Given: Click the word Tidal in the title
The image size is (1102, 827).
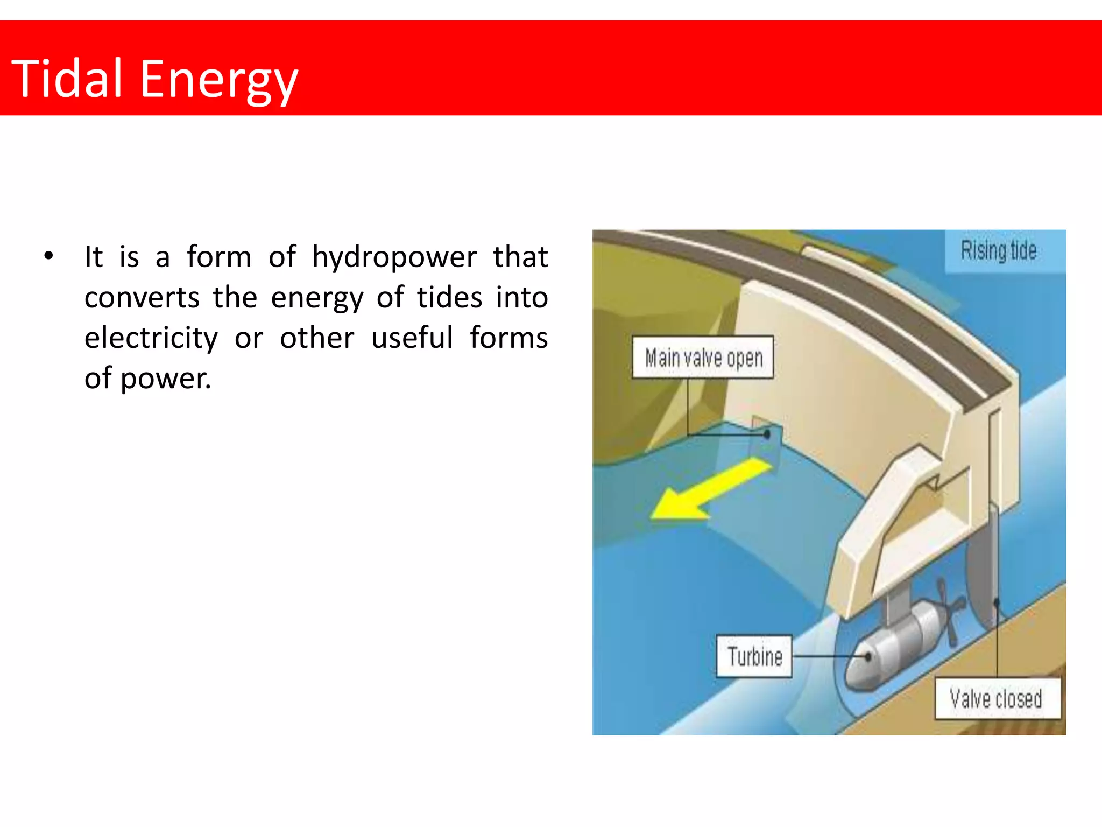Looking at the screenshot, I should coord(67,79).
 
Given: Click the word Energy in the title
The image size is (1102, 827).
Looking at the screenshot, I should coord(218,81).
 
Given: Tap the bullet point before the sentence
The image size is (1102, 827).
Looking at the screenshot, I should coord(49,256).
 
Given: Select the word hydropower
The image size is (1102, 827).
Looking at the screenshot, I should coord(394,257).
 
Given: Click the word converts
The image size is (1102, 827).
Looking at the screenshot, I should coord(142,297).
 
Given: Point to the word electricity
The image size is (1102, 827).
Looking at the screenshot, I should coord(151,338).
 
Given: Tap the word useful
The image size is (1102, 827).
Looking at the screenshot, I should coord(412,338).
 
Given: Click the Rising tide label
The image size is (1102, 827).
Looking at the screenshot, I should coord(999,251).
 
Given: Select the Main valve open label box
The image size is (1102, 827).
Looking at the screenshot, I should coord(703,358).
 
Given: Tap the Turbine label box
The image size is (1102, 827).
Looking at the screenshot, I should coord(754,656).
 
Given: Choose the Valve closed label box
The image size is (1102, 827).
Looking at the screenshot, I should coord(997,699).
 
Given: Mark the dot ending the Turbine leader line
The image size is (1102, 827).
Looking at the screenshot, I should coord(868,657).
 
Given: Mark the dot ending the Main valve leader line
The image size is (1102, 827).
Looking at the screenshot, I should coord(767,434).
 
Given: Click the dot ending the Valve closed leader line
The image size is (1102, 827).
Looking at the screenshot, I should coord(997,602).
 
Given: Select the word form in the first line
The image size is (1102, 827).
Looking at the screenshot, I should coord(219,257).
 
